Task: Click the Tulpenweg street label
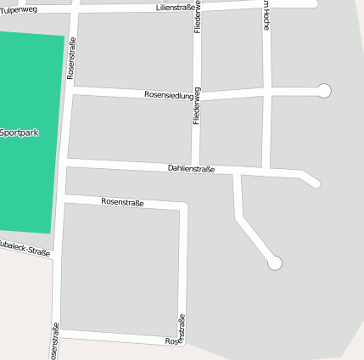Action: pyautogui.click(x=19, y=9)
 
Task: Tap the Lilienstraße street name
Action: pyautogui.click(x=176, y=8)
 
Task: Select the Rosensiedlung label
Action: pyautogui.click(x=168, y=94)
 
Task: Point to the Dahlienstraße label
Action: pyautogui.click(x=191, y=168)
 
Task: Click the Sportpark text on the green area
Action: pyautogui.click(x=20, y=132)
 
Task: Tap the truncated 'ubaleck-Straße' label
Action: pyautogui.click(x=25, y=248)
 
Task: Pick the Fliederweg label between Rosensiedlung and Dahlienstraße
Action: pyautogui.click(x=197, y=107)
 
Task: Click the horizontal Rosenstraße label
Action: pyautogui.click(x=122, y=202)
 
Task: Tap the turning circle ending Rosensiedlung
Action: pyautogui.click(x=323, y=90)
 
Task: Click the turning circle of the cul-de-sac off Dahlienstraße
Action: pyautogui.click(x=274, y=264)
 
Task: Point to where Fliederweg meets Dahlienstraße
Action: pyautogui.click(x=196, y=166)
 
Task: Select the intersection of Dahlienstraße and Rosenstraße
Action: pyautogui.click(x=66, y=160)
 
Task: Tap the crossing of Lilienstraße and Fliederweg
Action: pyautogui.click(x=198, y=7)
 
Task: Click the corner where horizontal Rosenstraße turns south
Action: pyautogui.click(x=182, y=206)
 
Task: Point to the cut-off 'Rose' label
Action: pyautogui.click(x=174, y=341)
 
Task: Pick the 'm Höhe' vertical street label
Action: pyautogui.click(x=266, y=15)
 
